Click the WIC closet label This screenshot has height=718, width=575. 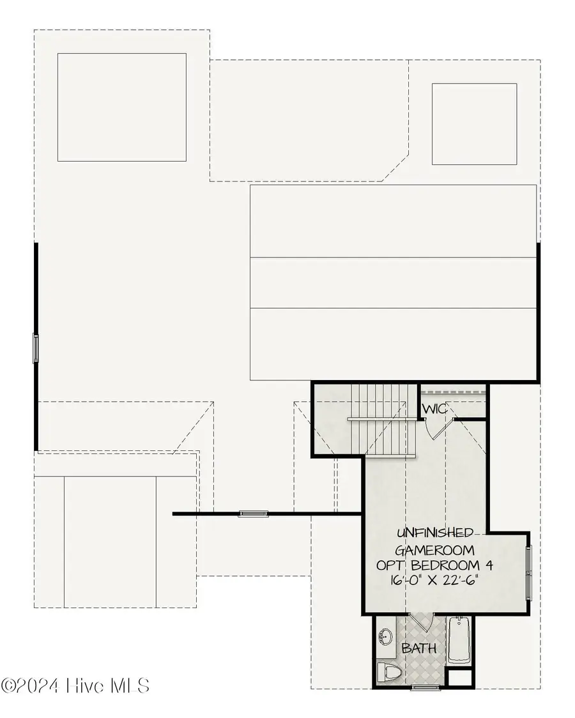coord(435,409)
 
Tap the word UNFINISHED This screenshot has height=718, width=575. coord(436,533)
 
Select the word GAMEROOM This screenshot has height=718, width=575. coord(435,549)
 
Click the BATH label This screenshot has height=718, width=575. coord(418,648)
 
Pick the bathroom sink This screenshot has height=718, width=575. coord(386,636)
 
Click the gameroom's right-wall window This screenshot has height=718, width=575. coord(528,574)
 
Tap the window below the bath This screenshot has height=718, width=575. coord(424,687)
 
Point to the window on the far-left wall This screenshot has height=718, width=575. coord(36,349)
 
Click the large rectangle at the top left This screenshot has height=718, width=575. coord(121,107)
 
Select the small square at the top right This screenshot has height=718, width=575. coord(474,124)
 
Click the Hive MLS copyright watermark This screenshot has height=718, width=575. coord(75,686)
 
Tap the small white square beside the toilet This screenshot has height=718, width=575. coord(460,677)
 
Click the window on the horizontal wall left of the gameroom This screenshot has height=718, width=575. coord(253,513)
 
